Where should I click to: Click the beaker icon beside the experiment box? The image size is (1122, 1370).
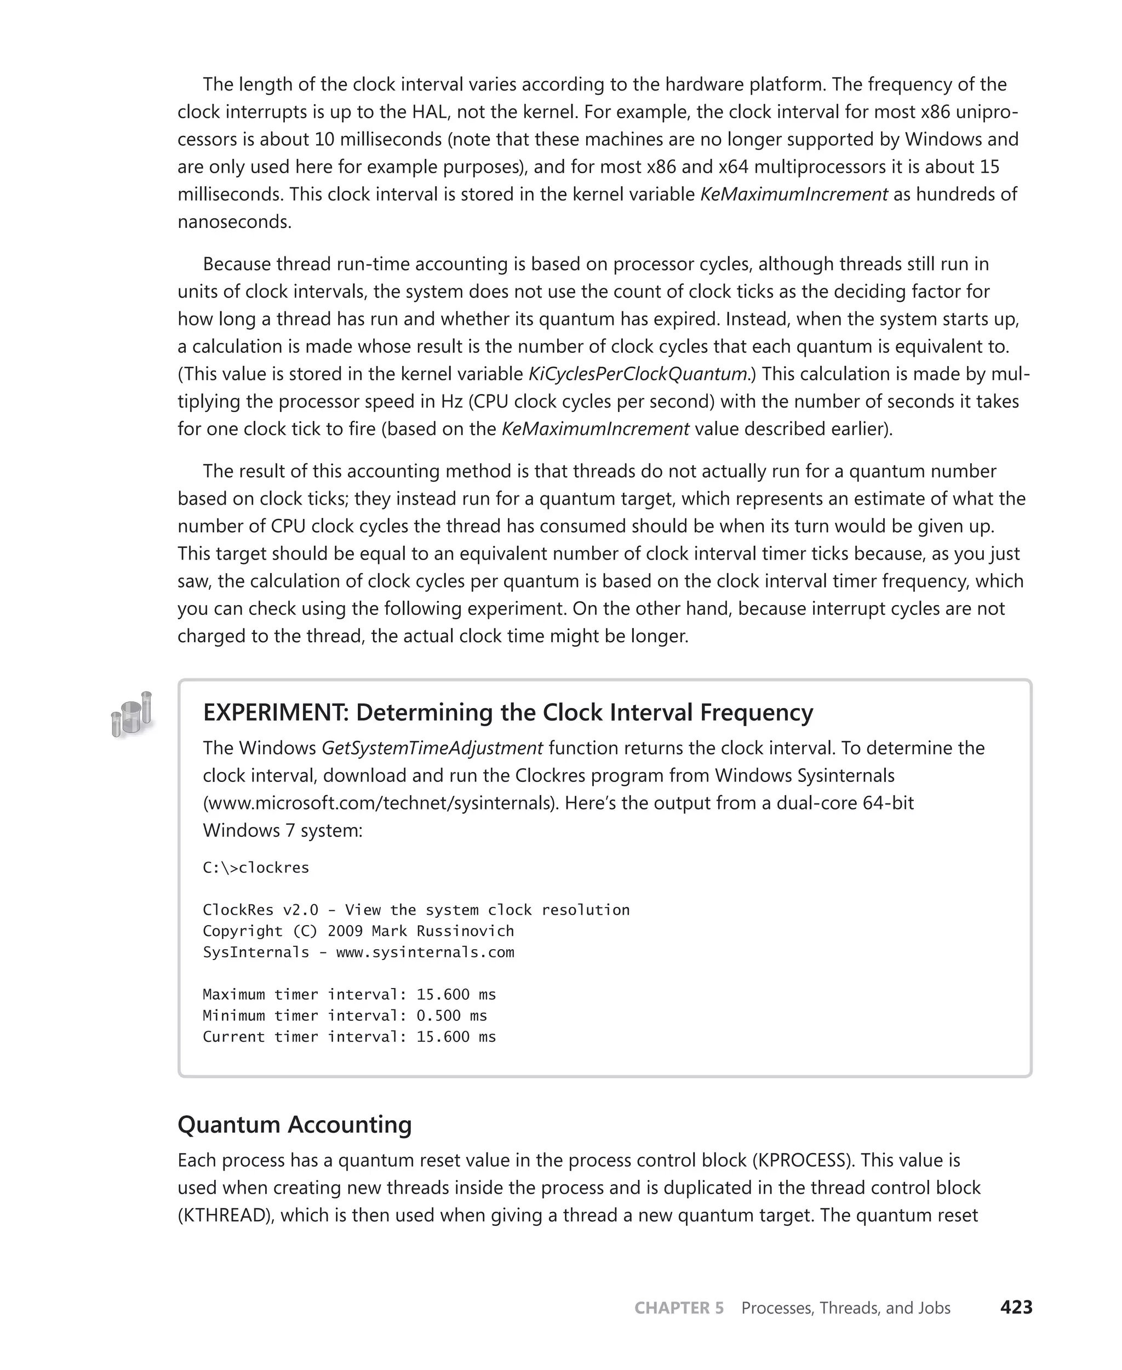tap(133, 714)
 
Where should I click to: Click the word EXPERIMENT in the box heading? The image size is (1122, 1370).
tap(276, 712)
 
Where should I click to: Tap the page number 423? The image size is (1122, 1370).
tap(1016, 1308)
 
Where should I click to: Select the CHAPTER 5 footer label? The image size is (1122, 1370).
tap(679, 1308)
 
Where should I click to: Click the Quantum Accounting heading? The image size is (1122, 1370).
tap(295, 1124)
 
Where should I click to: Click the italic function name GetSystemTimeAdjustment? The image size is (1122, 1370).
tap(432, 748)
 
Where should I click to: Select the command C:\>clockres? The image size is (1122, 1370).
tap(256, 867)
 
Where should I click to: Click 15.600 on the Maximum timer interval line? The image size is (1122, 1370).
tap(443, 995)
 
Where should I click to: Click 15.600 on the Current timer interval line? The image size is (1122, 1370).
tap(443, 1037)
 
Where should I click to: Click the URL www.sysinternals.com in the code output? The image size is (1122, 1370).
tap(425, 952)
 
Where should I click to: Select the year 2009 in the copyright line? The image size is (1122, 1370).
tap(345, 931)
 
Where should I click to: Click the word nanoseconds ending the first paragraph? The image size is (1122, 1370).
tap(233, 222)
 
